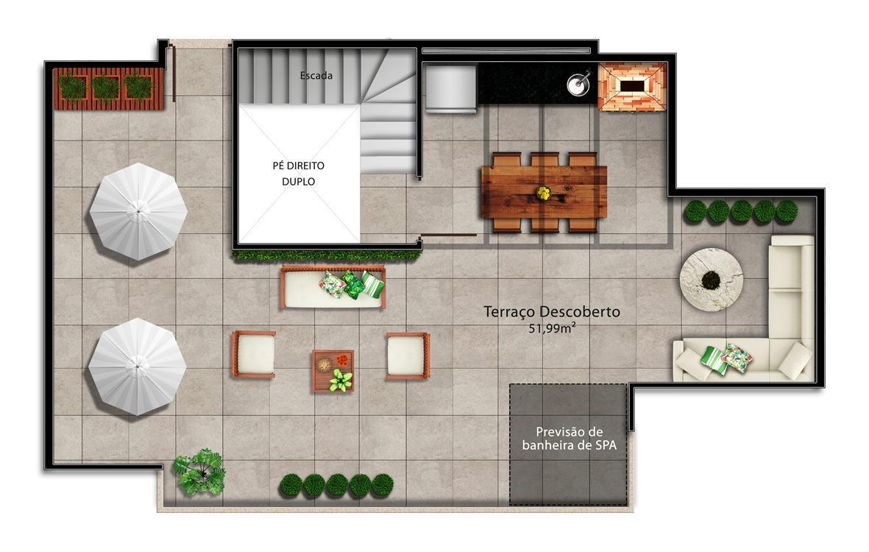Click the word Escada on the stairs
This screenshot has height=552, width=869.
[x=316, y=75]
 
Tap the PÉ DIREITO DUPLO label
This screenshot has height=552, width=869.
[x=298, y=174]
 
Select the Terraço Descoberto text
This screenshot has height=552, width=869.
[x=551, y=312]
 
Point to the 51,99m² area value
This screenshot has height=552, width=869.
[x=551, y=329]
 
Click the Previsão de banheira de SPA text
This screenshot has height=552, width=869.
[x=570, y=439]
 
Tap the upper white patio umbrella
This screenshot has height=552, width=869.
[x=138, y=211]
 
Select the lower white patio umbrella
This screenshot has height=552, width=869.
[x=137, y=367]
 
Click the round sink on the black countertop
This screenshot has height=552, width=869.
[x=578, y=84]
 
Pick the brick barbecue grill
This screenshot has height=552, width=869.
[x=632, y=86]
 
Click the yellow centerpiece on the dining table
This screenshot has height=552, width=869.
[x=544, y=193]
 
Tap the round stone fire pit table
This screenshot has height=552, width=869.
[x=711, y=280]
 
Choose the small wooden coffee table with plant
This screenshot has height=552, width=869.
[x=333, y=371]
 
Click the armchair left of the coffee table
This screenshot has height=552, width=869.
[x=253, y=355]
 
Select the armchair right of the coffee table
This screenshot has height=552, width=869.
[x=408, y=355]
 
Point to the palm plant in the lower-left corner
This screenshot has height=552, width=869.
[x=199, y=472]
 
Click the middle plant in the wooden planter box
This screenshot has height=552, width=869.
[x=106, y=87]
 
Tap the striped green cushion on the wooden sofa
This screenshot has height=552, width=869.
[x=372, y=284]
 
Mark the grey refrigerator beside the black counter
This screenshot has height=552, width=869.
[x=450, y=88]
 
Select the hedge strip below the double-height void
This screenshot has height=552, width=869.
[x=327, y=255]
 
